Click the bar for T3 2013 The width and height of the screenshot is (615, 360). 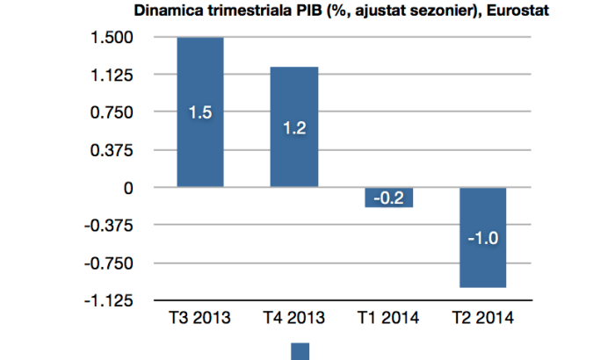coord(199,79)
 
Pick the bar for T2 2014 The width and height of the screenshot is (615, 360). coord(482,263)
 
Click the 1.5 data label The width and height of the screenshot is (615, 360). coord(199,112)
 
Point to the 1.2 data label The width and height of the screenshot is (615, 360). coord(294,128)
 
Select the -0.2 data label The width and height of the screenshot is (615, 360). coord(388,198)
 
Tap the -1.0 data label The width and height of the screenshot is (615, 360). coord(482,238)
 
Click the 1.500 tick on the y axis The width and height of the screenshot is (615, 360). coord(110,38)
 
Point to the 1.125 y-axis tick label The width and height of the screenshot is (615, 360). coord(110,76)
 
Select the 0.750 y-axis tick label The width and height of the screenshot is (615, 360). coord(110,113)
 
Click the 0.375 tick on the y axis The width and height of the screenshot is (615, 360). coord(110,151)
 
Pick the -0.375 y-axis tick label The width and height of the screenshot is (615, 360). coord(106,226)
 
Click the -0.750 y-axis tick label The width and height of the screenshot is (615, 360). coord(106,263)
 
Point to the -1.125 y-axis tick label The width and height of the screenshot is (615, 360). coord(106,301)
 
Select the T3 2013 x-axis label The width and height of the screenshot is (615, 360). coord(199,318)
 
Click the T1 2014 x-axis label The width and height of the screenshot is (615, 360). coord(388,318)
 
